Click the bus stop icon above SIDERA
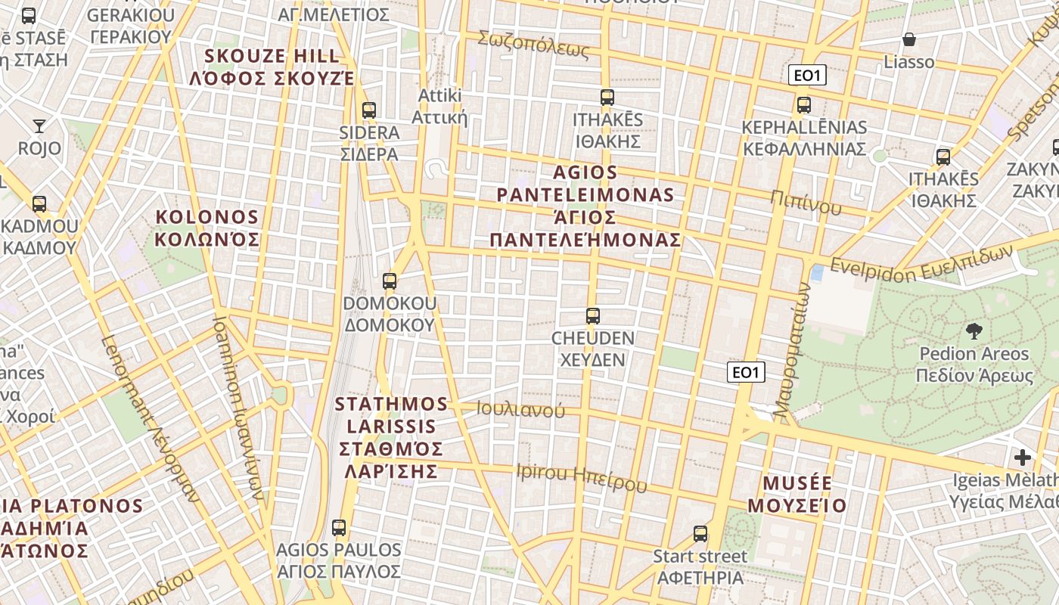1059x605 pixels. click(369, 110)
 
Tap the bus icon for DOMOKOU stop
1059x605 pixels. click(390, 281)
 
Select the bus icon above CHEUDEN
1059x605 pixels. click(593, 316)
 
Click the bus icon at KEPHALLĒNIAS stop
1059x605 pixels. click(803, 105)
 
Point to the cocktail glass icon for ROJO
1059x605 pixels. click(39, 126)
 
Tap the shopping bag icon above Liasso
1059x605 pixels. click(909, 39)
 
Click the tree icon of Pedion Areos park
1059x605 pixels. click(974, 331)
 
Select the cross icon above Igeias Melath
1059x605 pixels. click(1023, 458)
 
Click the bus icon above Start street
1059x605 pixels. click(700, 534)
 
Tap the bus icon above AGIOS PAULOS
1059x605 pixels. click(339, 528)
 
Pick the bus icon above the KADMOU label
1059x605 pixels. click(39, 204)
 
